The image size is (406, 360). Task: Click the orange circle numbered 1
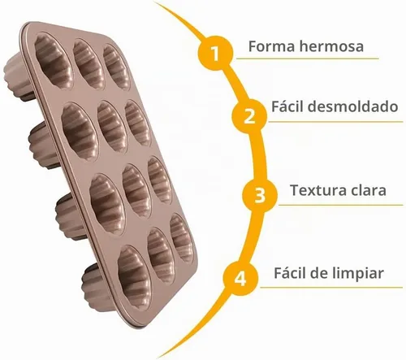point(215,53)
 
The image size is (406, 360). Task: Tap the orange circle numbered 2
point(249,116)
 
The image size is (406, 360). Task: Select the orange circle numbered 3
point(260,195)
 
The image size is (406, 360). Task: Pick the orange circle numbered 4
point(240,278)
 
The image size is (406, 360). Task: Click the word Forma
point(271,46)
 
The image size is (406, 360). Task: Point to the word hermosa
point(331,46)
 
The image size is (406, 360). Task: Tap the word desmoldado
point(353,106)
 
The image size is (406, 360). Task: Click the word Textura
point(314,190)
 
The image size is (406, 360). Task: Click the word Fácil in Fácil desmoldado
point(287,106)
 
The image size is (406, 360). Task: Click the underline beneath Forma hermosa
point(308,59)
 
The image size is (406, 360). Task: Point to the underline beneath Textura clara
point(340,205)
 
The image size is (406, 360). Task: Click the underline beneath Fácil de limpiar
point(331,288)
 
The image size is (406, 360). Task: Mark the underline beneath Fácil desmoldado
point(335,122)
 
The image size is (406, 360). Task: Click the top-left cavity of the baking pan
point(54,59)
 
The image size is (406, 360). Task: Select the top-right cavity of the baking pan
point(117,67)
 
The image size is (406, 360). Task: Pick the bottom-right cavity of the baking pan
point(182,238)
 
